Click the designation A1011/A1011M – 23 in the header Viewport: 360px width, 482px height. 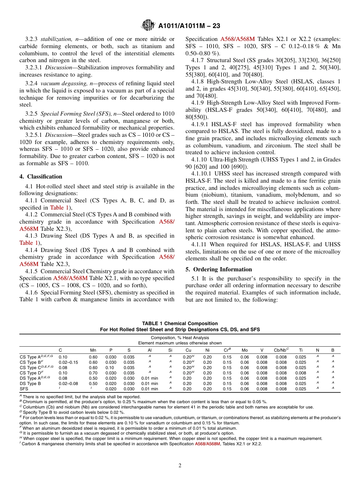coord(189,26)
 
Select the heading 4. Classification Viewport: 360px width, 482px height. coord(41,177)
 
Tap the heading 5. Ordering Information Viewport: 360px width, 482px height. coord(219,269)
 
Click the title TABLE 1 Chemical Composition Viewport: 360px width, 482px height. coord(180,323)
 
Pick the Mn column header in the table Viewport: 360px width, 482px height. coord(93,351)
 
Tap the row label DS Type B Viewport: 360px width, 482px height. coord(31,383)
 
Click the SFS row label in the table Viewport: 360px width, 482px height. coord(24,389)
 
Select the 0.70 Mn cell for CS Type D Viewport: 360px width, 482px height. coord(93,373)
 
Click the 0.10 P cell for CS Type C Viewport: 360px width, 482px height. coord(111,368)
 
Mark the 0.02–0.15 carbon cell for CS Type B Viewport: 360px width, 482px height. coord(68,362)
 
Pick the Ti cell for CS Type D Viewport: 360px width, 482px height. coord(301,373)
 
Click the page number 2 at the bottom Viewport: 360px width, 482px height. coord(180,466)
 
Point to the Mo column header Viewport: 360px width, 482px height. coord(245,351)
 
